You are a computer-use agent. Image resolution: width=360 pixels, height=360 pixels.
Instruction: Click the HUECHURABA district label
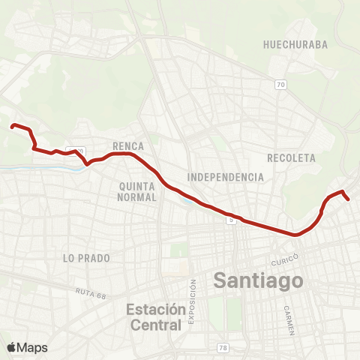(x=295, y=45)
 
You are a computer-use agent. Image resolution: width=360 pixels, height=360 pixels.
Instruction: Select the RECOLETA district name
(x=291, y=158)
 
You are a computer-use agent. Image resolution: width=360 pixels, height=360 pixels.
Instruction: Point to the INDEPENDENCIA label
(x=226, y=177)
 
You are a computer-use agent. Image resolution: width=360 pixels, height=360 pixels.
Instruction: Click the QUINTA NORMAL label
(x=137, y=190)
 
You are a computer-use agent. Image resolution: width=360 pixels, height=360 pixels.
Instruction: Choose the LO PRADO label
(x=87, y=258)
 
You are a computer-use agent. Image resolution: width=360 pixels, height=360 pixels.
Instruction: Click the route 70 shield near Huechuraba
(x=280, y=85)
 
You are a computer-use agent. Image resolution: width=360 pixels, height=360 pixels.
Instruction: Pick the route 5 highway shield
(x=232, y=220)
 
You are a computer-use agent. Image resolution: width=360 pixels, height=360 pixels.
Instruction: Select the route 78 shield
(x=223, y=347)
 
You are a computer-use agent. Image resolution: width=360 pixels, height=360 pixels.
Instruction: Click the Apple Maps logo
(x=27, y=347)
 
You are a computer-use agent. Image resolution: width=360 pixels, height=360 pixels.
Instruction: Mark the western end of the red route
(x=11, y=126)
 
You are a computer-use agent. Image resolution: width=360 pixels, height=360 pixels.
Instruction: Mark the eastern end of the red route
(x=349, y=199)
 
